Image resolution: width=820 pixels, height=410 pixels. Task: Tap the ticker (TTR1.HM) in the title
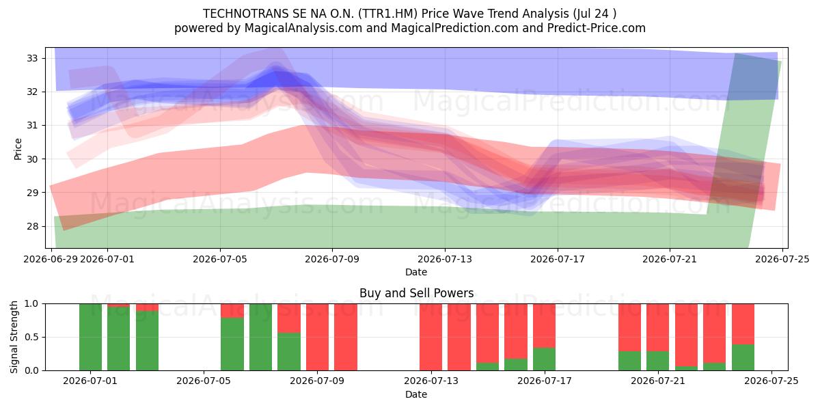tap(387, 14)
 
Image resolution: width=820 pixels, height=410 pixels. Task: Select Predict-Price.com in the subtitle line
tap(597, 28)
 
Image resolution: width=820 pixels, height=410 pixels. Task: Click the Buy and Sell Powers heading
tap(417, 293)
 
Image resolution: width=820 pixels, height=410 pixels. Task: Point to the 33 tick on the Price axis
tap(32, 58)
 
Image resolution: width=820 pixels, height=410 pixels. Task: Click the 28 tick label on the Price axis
tap(32, 226)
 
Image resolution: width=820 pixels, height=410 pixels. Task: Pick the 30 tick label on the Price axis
tap(32, 159)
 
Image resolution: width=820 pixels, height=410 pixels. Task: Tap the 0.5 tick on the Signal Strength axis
tap(31, 337)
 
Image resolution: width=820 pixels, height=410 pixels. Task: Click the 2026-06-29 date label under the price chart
tap(51, 259)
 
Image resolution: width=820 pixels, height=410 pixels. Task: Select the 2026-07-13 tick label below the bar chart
tap(431, 381)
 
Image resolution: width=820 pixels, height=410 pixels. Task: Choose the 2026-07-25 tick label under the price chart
tap(782, 259)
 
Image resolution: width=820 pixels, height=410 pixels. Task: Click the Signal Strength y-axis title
tap(14, 337)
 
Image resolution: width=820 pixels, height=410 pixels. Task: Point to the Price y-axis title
tap(18, 149)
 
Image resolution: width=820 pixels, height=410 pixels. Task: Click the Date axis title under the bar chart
tap(416, 394)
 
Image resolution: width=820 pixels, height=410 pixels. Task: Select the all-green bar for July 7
tap(260, 337)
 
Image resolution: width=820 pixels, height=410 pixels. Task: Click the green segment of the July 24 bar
tap(743, 357)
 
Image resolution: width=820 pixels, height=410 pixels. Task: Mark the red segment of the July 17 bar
tap(545, 326)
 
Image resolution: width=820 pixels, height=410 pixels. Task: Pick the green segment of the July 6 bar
tap(232, 344)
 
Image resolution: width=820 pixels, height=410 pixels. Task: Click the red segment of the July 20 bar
tap(629, 327)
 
